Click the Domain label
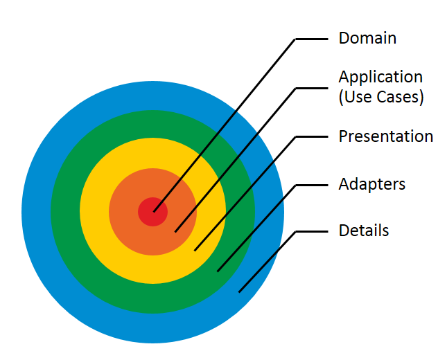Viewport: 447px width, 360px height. [x=367, y=38]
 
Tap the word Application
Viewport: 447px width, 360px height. [x=380, y=77]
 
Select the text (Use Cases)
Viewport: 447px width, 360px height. [x=380, y=97]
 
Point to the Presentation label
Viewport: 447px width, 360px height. [x=385, y=136]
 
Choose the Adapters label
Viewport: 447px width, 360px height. [x=371, y=184]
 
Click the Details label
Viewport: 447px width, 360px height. [x=363, y=231]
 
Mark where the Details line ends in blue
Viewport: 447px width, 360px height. [x=240, y=291]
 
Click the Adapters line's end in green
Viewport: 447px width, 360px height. [x=218, y=271]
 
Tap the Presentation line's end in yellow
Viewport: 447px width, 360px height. [x=195, y=249]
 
